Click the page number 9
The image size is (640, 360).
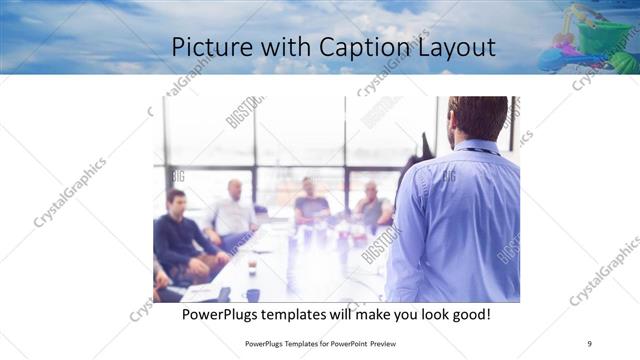tap(589, 343)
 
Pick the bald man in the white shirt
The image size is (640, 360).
tap(233, 210)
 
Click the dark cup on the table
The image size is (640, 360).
tap(252, 295)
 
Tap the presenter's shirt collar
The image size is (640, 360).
tap(478, 147)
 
